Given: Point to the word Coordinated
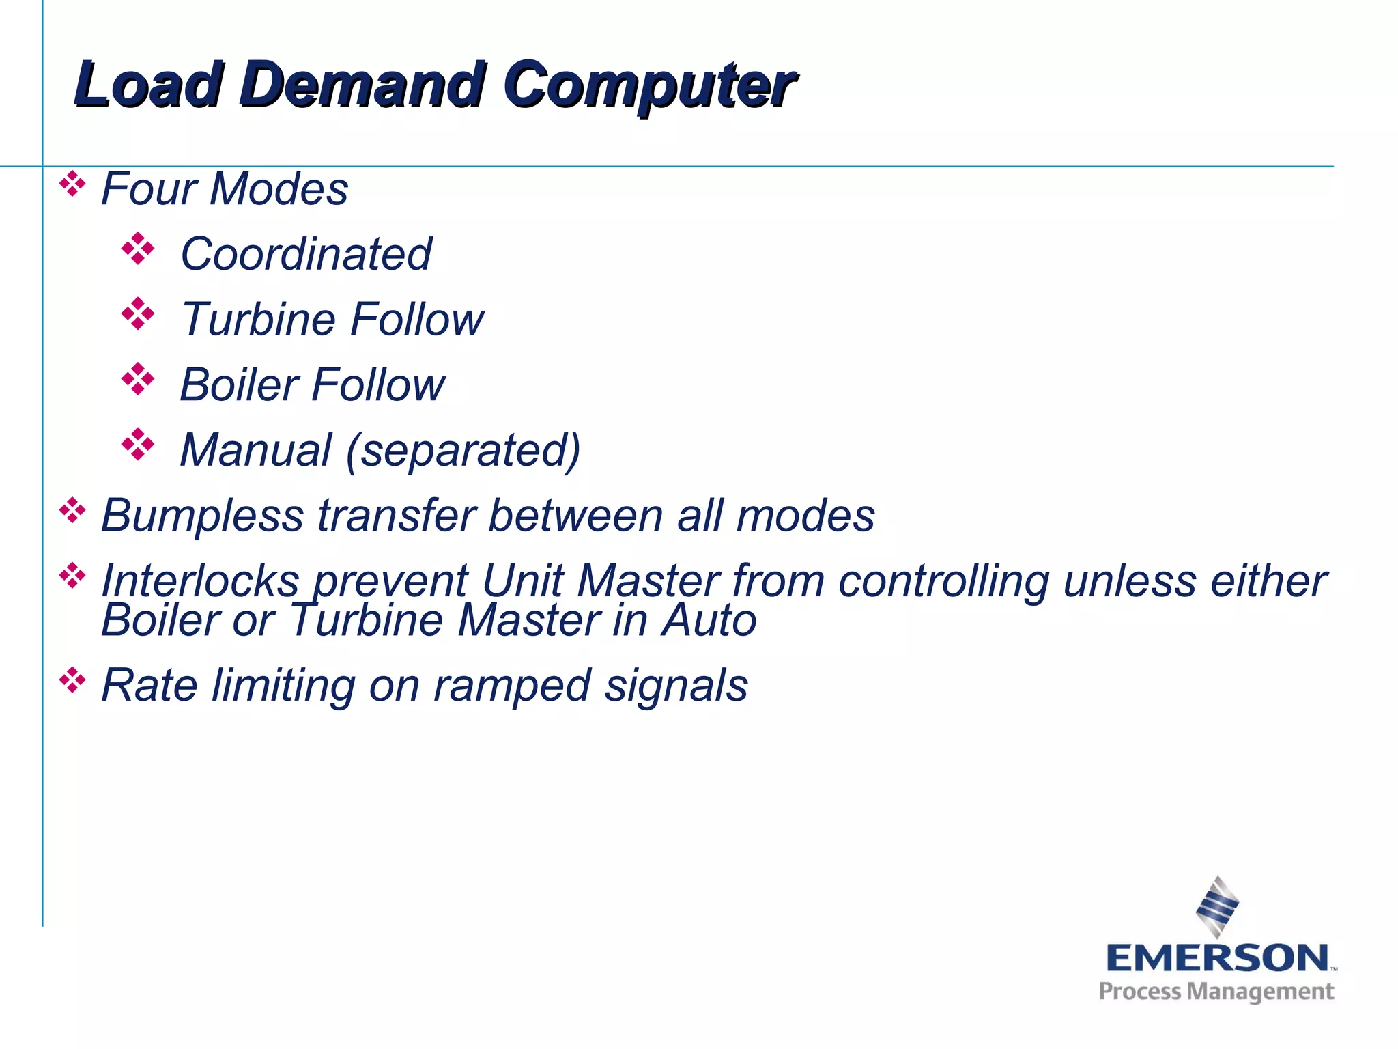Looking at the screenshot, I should [x=306, y=254].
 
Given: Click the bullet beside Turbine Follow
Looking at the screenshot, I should [x=138, y=314].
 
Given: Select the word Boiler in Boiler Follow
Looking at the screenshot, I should [x=239, y=384].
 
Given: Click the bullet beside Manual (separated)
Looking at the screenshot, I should [x=138, y=445].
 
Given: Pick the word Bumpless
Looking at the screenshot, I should [x=202, y=516].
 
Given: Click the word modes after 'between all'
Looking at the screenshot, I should [x=805, y=516].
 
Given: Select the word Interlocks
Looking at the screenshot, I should [x=200, y=581].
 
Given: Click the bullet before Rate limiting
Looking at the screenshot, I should [x=72, y=680].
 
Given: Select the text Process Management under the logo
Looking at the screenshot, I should [x=1216, y=992].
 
